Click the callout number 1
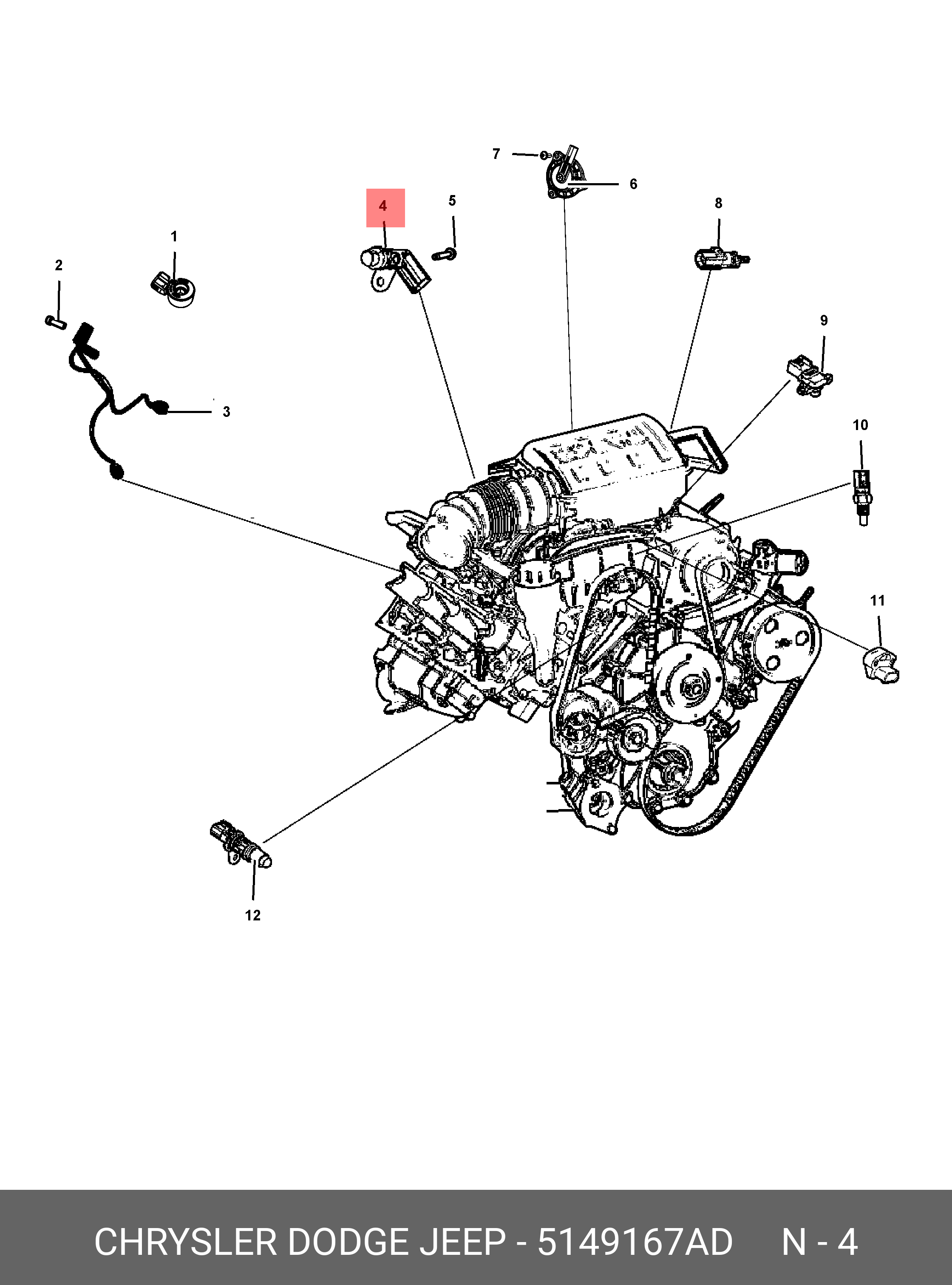pos(174,236)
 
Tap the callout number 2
pos(59,265)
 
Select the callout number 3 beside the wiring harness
pos(227,412)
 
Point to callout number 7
pos(496,154)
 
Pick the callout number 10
pos(860,425)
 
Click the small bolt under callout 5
pos(444,254)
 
